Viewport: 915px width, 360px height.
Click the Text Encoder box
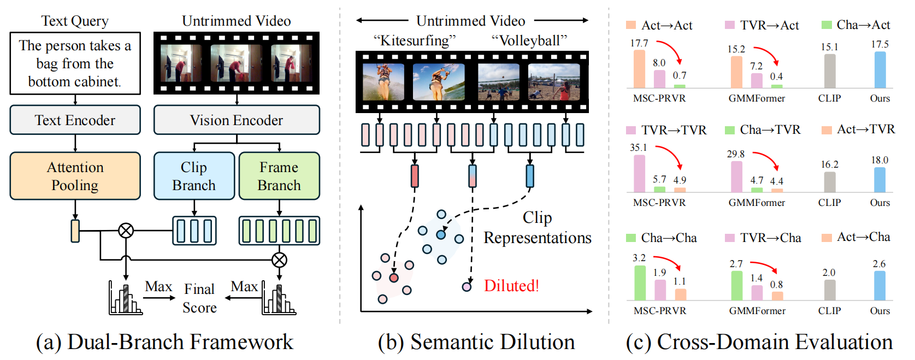(75, 120)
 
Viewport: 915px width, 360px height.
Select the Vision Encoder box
(237, 120)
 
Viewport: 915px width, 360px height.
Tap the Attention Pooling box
(75, 176)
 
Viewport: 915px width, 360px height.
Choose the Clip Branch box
(194, 176)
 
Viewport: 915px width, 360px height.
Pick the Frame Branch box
(279, 176)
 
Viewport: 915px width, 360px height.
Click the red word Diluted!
(511, 286)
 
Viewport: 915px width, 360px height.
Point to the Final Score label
(199, 298)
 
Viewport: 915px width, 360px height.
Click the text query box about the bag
(75, 63)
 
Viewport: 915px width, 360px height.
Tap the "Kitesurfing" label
(414, 40)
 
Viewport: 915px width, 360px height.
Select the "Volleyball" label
(529, 40)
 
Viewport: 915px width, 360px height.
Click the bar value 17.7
(639, 43)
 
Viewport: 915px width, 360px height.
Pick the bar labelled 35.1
(639, 174)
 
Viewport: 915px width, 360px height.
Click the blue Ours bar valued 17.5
(880, 70)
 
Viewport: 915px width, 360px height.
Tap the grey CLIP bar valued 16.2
(830, 182)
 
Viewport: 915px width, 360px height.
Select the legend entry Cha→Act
(856, 25)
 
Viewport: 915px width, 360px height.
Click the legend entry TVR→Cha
(763, 238)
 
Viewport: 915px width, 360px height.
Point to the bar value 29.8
(736, 154)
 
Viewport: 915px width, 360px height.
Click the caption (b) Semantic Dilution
(476, 341)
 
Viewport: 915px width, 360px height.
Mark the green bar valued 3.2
(640, 283)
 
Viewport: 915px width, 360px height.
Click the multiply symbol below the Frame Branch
(279, 260)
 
